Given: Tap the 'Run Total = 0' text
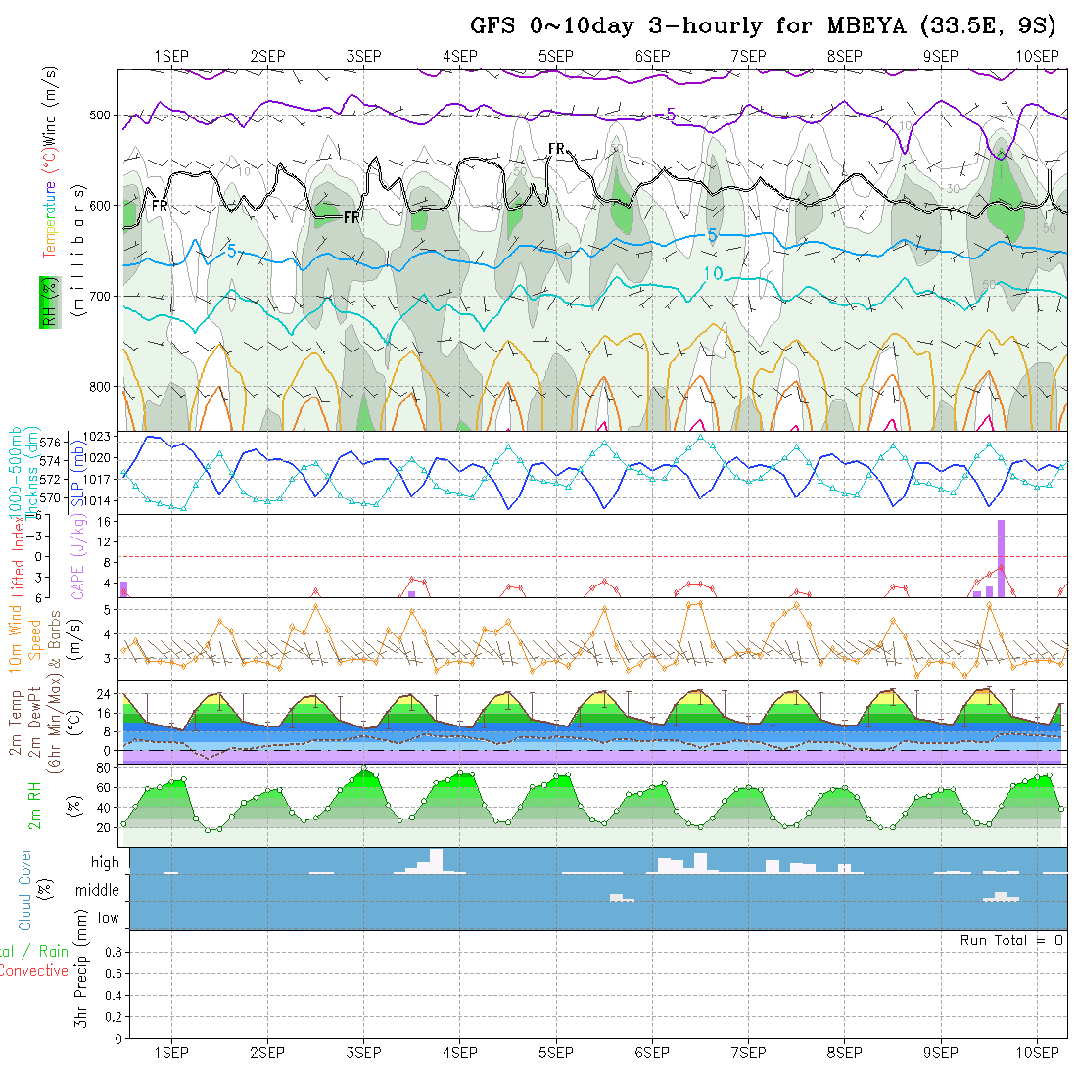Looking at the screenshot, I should (1011, 940).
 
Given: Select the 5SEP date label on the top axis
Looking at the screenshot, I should (555, 56).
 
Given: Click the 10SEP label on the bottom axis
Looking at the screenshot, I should (1037, 1053).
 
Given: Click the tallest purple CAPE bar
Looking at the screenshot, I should (1002, 558).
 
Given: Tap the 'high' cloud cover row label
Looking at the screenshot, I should (105, 863).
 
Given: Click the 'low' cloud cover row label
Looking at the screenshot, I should (108, 918).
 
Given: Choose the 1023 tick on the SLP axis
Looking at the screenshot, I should (102, 437).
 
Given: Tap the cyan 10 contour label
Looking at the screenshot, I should (714, 274).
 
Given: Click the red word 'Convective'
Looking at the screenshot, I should (34, 971).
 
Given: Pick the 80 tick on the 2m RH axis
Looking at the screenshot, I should (101, 767).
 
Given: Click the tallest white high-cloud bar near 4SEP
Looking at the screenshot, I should (436, 861).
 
